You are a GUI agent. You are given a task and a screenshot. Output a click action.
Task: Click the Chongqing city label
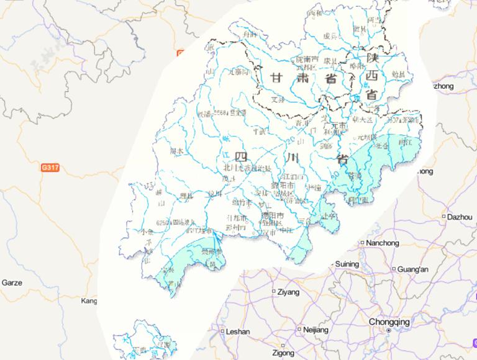pyautogui.click(x=389, y=322)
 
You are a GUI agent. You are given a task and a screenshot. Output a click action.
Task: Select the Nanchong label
pyautogui.click(x=383, y=243)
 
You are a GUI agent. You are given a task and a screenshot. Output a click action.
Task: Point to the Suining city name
pyautogui.click(x=347, y=264)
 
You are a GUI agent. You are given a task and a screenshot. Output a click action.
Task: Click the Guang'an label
pyautogui.click(x=414, y=269)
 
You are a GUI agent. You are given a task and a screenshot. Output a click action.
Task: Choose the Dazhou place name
pyautogui.click(x=459, y=217)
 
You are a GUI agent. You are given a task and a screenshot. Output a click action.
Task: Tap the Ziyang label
pyautogui.click(x=289, y=291)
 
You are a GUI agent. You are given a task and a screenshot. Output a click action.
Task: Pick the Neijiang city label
pyautogui.click(x=315, y=330)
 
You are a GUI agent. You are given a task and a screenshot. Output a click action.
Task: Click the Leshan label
pyautogui.click(x=238, y=331)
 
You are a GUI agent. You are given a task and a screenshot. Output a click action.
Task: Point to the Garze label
pyautogui.click(x=12, y=282)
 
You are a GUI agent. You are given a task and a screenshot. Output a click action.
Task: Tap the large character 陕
pyautogui.click(x=372, y=58)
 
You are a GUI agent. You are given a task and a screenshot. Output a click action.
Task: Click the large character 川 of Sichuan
pyautogui.click(x=291, y=158)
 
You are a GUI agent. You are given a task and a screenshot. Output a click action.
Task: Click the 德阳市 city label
pyautogui.click(x=273, y=215)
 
